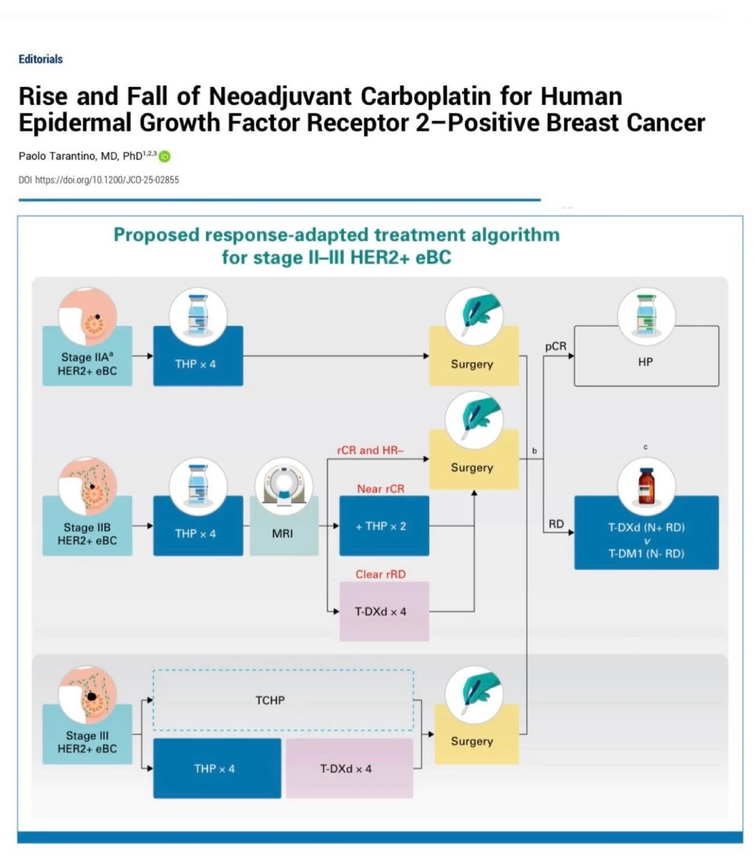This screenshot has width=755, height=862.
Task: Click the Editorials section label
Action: [x=40, y=59]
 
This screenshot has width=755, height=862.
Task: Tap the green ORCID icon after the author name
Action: [x=164, y=157]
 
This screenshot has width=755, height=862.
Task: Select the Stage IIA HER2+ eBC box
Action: [x=87, y=364]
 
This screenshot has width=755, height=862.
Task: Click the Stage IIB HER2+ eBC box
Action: [x=87, y=534]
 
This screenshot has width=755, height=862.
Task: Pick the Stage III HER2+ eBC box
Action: [x=87, y=741]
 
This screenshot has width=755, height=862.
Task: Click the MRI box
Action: [x=283, y=533]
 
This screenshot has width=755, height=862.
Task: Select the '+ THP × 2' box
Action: [x=384, y=526]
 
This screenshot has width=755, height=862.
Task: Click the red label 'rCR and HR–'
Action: [x=370, y=450]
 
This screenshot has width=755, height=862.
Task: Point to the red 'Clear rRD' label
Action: [x=380, y=574]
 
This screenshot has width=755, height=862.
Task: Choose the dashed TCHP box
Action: [x=283, y=700]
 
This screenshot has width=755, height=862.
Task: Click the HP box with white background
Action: [x=646, y=362]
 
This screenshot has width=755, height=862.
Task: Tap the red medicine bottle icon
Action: [x=646, y=486]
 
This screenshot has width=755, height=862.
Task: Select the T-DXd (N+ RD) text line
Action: [x=646, y=528]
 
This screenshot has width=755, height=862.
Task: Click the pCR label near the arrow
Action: [x=555, y=347]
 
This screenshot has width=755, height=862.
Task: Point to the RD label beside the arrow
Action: [x=556, y=524]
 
